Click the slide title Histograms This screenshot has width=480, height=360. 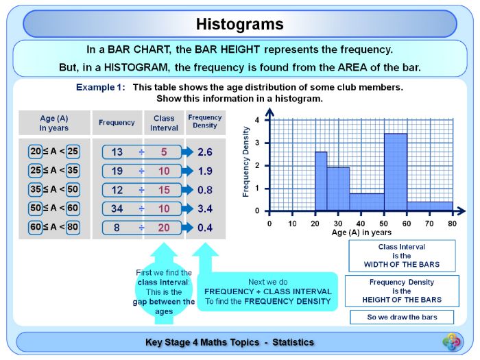point(239,24)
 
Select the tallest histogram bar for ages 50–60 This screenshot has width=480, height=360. point(396,171)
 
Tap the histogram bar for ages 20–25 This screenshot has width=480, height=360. point(321,181)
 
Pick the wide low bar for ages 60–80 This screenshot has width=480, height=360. point(430,206)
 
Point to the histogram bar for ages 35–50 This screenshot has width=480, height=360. point(367,202)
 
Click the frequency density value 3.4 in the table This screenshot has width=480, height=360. point(205,208)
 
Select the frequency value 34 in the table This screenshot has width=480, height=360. point(117,208)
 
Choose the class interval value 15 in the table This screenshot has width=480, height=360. point(164,190)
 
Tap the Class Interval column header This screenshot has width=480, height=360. point(164,123)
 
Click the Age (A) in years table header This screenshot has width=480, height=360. point(54,123)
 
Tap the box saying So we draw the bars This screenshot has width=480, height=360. point(401,317)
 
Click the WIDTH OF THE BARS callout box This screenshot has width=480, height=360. point(401,255)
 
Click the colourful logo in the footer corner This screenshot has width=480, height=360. point(452,341)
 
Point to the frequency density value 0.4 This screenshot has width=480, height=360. point(205,228)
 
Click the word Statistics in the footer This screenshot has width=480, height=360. point(293,342)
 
